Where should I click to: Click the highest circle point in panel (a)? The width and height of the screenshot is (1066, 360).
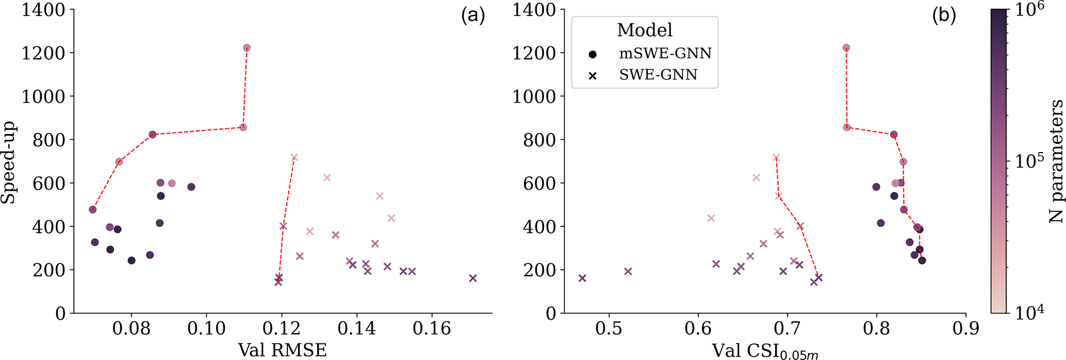point(247,48)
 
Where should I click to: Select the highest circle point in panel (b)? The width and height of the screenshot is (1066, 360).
point(846,48)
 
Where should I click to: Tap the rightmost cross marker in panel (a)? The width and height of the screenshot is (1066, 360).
point(473,278)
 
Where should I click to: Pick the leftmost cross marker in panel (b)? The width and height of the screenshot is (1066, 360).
point(582,278)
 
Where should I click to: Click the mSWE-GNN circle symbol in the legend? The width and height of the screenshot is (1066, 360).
point(593,54)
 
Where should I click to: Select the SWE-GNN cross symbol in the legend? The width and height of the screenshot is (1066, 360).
point(593,76)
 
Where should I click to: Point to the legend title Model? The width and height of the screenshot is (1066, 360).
point(645,30)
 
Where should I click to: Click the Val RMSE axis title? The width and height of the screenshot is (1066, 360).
point(282,350)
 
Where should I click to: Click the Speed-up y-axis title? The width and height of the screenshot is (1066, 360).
point(8,162)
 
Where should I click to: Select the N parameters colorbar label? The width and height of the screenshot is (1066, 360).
point(1056,161)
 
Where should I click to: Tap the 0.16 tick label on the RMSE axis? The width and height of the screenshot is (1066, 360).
point(432,329)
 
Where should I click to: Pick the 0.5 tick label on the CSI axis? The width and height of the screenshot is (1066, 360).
point(609,329)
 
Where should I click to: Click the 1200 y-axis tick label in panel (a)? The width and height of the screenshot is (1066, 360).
point(43,53)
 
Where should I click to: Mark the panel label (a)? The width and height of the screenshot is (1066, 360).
point(473,17)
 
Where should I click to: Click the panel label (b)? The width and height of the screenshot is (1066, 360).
point(944,17)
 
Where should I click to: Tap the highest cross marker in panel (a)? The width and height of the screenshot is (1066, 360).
point(294,157)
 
